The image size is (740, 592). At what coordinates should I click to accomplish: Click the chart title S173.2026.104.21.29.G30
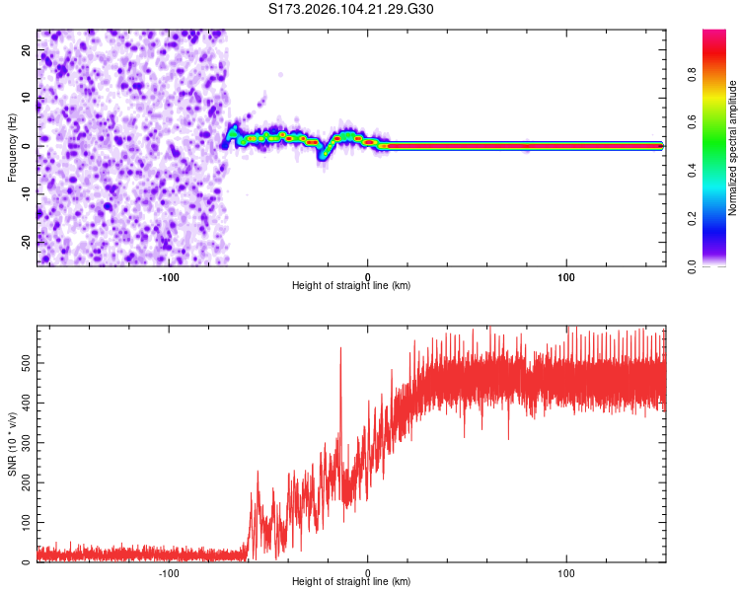[351, 10]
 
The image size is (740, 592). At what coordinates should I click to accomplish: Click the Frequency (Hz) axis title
[12, 146]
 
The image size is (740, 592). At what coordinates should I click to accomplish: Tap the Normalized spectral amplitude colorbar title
[732, 148]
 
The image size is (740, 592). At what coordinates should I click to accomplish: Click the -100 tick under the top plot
[169, 277]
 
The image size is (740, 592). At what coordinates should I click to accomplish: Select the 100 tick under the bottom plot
[566, 572]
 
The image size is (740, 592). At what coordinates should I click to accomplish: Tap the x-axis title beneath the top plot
[351, 287]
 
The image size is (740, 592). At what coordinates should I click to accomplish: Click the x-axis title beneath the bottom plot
[351, 583]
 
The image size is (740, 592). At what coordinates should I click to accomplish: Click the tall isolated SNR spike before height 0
[341, 351]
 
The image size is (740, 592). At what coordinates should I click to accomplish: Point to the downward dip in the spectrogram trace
[322, 155]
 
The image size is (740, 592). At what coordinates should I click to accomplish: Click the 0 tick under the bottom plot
[368, 572]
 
